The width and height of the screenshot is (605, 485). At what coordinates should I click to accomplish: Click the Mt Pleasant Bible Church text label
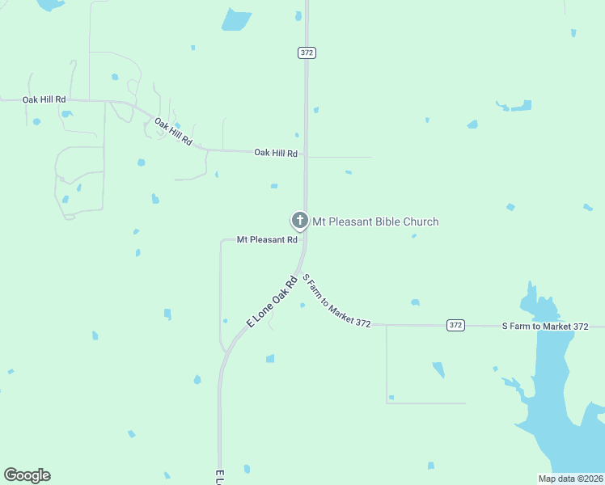click(x=375, y=221)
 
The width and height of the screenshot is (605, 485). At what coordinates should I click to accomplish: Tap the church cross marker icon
click(x=299, y=220)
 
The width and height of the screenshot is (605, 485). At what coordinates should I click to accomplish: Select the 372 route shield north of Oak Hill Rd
click(x=306, y=53)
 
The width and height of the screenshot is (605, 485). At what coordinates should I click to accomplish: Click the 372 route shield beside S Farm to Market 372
click(x=456, y=325)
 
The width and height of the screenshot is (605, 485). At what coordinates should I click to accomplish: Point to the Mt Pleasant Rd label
click(x=267, y=239)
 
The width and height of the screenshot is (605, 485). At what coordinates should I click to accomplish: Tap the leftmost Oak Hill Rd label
click(x=44, y=99)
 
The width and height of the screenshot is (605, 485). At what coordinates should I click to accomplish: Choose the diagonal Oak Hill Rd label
click(x=173, y=132)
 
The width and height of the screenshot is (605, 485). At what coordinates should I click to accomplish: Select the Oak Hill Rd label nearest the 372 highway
click(x=276, y=153)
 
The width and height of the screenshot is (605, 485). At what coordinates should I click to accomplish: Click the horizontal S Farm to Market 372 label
click(x=545, y=326)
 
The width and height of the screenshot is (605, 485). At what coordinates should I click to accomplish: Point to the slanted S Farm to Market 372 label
click(x=336, y=300)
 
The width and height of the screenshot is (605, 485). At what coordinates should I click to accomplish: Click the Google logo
click(x=27, y=475)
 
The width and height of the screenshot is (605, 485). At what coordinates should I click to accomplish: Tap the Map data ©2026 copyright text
click(x=570, y=479)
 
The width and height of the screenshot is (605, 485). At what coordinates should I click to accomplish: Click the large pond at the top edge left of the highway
click(x=236, y=19)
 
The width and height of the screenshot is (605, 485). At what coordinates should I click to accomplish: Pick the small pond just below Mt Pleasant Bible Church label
click(x=413, y=236)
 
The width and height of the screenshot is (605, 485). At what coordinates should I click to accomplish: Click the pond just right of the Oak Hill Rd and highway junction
click(x=349, y=172)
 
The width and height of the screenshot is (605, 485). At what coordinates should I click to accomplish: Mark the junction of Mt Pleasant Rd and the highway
click(x=304, y=239)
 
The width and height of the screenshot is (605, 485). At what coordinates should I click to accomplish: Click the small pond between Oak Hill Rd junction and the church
click(x=274, y=186)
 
